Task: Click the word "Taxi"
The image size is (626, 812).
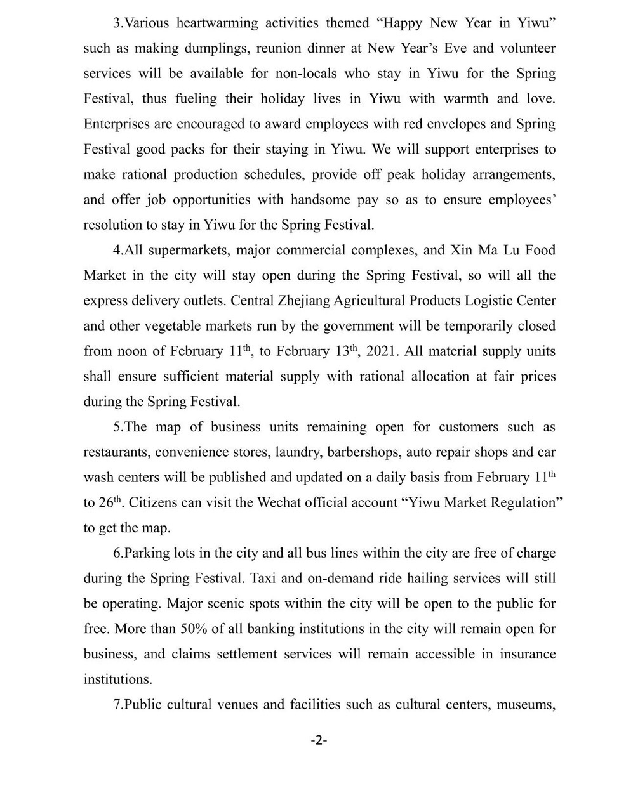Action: pos(266,579)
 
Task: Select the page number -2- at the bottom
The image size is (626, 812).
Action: pos(319,740)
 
